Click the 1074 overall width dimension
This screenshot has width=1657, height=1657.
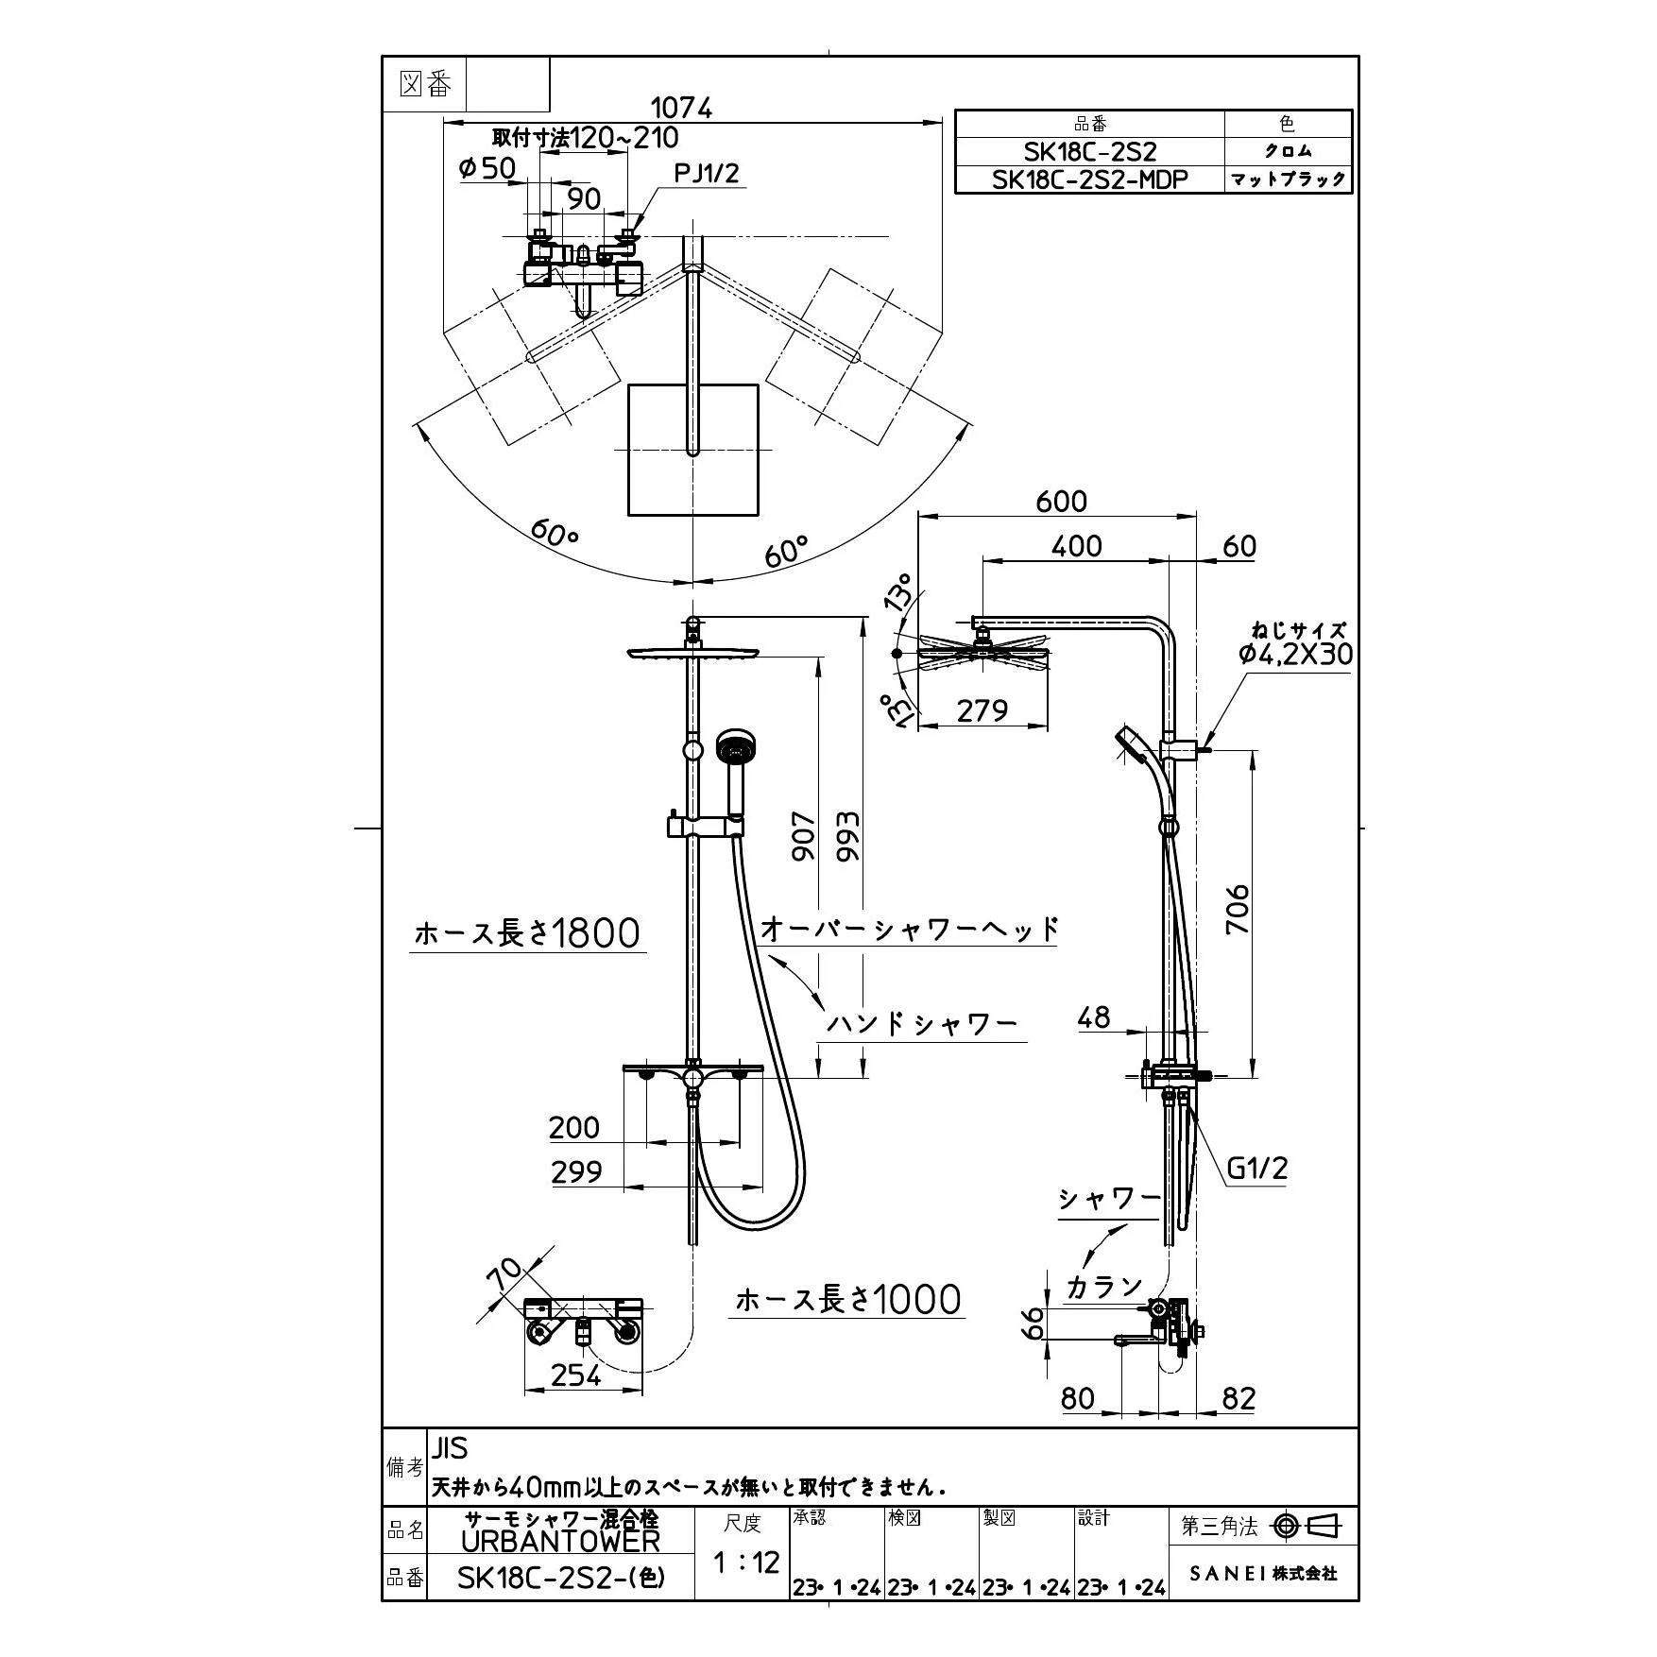pyautogui.click(x=682, y=108)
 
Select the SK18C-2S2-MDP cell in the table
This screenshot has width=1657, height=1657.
pyautogui.click(x=1089, y=179)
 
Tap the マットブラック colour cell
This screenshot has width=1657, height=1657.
pyautogui.click(x=1288, y=179)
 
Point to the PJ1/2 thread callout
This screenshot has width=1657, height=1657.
pyautogui.click(x=707, y=173)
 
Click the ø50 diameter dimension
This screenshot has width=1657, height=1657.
pyautogui.click(x=487, y=168)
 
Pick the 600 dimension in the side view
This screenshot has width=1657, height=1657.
pyautogui.click(x=1061, y=501)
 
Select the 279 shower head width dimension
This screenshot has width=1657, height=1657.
pyautogui.click(x=982, y=709)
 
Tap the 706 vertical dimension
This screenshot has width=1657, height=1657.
pyautogui.click(x=1238, y=909)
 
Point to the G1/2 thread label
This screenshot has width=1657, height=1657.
pyautogui.click(x=1256, y=1169)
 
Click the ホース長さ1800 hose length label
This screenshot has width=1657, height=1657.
pyautogui.click(x=527, y=933)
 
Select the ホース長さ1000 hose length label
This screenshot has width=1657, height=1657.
pyautogui.click(x=848, y=1300)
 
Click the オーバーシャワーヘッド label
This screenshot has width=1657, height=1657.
pyautogui.click(x=909, y=929)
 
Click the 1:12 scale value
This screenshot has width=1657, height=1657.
pyautogui.click(x=745, y=1562)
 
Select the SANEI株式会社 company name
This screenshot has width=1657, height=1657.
pyautogui.click(x=1263, y=1573)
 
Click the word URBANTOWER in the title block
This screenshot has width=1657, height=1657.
pyautogui.click(x=560, y=1541)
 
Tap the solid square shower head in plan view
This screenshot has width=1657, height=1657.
pyautogui.click(x=693, y=450)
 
